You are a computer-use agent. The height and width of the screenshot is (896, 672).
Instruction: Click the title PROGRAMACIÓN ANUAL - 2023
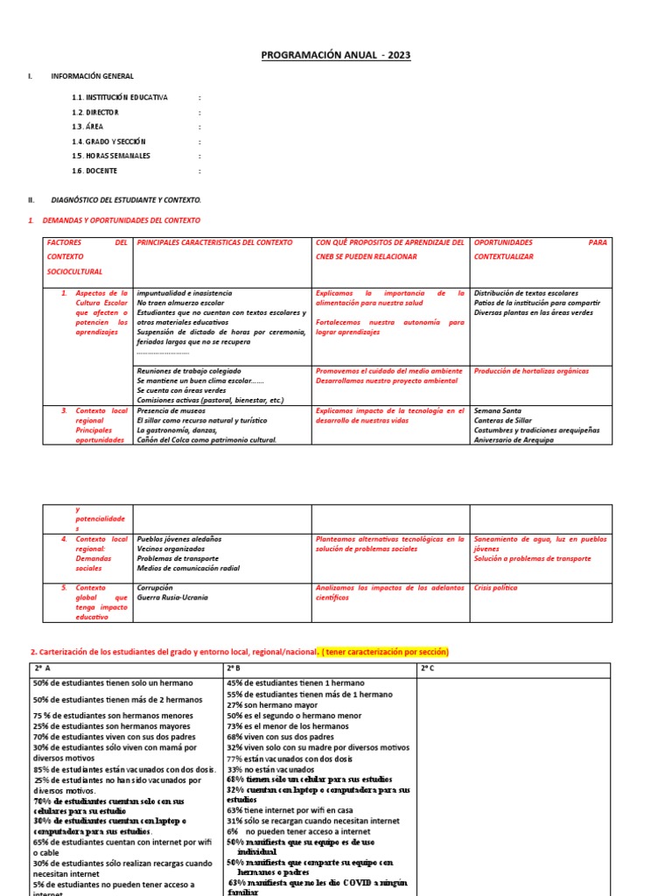click(x=336, y=56)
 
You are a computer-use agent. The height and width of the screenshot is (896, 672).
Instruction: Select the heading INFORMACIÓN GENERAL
click(x=92, y=77)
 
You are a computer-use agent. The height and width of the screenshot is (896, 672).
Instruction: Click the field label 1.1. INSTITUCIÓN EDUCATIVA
click(x=120, y=97)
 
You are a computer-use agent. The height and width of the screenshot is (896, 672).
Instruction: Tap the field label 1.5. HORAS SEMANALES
click(x=111, y=156)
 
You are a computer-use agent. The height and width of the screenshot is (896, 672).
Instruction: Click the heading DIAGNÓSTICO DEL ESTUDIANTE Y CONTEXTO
click(x=125, y=200)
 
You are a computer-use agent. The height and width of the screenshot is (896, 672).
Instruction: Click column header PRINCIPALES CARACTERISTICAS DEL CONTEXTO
click(x=214, y=242)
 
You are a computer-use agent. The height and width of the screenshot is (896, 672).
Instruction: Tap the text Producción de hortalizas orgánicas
click(x=531, y=371)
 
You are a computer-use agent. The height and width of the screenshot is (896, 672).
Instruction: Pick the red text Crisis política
click(x=495, y=588)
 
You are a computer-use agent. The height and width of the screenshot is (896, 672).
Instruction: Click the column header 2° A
click(x=42, y=669)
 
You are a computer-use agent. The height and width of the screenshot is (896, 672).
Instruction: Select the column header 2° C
click(x=428, y=669)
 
